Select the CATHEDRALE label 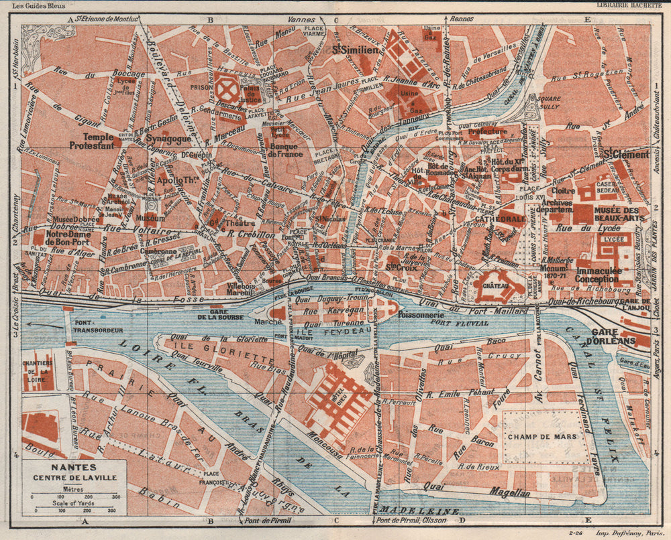click(x=500, y=218)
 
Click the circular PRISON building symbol click(x=225, y=87)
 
